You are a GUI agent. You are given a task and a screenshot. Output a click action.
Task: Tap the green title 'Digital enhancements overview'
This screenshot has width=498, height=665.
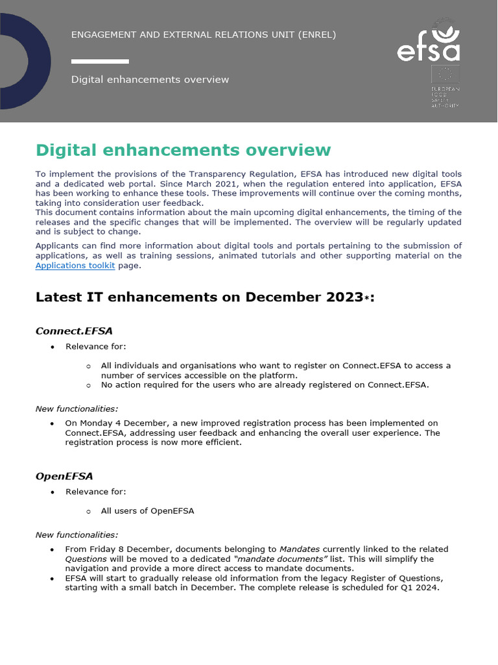coord(183,151)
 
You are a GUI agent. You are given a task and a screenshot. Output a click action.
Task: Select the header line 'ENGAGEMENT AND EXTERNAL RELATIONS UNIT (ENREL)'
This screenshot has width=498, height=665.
coord(203,34)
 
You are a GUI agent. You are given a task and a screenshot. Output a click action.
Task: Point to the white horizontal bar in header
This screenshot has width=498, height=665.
coord(100,62)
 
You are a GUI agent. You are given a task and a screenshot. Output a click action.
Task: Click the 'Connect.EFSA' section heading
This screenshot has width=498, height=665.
coord(74,331)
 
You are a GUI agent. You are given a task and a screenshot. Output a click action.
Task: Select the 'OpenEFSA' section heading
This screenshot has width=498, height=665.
coord(64,477)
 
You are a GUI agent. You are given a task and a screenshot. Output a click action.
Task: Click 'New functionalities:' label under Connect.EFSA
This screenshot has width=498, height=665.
coord(77,408)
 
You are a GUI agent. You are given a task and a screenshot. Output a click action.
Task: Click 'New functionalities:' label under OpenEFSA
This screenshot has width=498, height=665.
coord(77,535)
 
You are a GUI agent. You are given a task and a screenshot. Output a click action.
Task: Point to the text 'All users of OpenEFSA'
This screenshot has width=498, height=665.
coord(147,511)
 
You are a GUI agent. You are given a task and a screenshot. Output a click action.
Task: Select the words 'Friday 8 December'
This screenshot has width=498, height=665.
coord(126,549)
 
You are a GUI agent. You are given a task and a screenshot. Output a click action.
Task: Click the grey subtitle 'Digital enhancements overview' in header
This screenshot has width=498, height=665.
coord(150,80)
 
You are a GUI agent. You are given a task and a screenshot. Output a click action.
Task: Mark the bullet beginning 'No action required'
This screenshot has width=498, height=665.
coord(265,385)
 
